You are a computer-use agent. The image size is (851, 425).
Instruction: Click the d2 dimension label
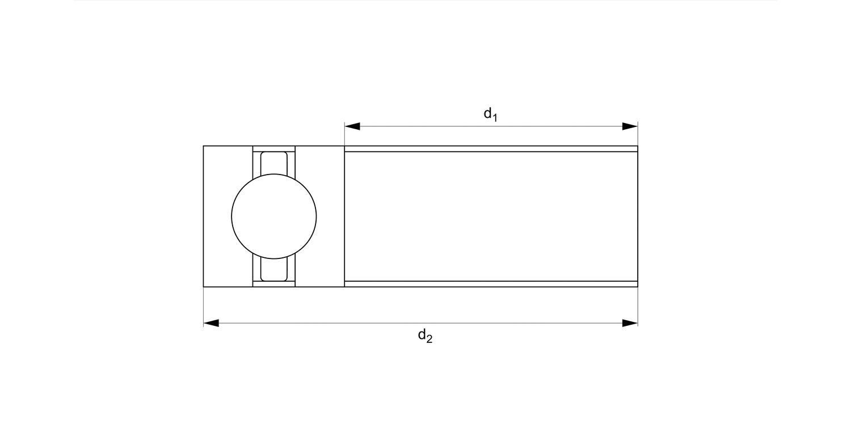coord(425,337)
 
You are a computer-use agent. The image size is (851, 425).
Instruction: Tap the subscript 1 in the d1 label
coord(495,118)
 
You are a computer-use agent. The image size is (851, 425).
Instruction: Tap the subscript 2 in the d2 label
coord(430,341)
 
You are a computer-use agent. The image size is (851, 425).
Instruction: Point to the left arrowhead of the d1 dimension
coord(352,126)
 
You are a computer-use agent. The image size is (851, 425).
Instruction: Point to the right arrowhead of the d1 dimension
coord(630,126)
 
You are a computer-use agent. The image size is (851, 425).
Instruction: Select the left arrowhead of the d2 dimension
coord(211,323)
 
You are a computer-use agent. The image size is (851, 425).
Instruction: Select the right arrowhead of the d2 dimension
coord(630,323)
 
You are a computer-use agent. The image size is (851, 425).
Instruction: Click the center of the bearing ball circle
coord(274,216)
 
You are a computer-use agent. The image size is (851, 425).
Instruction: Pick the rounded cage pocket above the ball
coord(274,162)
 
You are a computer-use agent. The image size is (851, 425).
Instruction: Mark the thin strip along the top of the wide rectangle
coord(491,148)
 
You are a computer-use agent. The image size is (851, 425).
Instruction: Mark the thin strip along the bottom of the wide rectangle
coord(491,284)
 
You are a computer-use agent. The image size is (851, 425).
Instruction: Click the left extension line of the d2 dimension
coord(204,306)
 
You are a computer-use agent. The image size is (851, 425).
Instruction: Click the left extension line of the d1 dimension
coord(344,135)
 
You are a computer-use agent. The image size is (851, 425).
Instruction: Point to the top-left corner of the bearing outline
coord(204,146)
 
